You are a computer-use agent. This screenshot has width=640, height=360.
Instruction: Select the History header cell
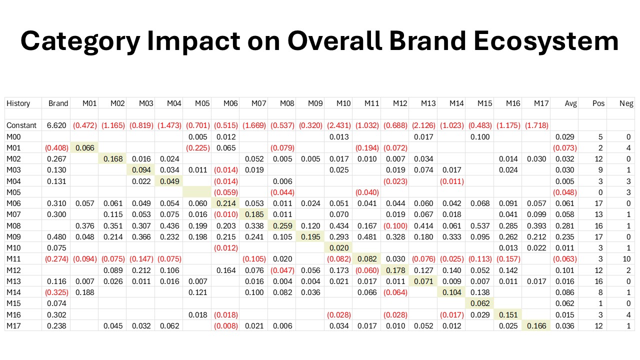(18, 103)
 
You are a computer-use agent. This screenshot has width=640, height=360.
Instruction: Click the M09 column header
(315, 103)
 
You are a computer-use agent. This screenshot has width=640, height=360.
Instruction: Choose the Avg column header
(570, 103)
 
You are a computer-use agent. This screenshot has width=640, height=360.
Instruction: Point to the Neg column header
(626, 103)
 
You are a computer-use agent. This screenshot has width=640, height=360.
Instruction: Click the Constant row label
(21, 125)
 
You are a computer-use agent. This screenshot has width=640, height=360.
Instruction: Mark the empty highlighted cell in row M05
(197, 191)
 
